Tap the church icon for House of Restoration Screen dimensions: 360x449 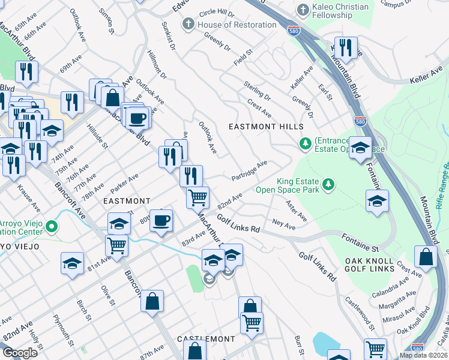point(188,25)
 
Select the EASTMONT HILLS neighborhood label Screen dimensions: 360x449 point(265,127)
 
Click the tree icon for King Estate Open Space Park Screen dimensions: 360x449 point(328,185)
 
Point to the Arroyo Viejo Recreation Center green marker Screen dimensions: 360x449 point(52,227)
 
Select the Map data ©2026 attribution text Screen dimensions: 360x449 point(423,355)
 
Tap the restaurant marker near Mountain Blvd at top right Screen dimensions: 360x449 point(345,47)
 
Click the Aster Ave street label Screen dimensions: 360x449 point(297,211)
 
